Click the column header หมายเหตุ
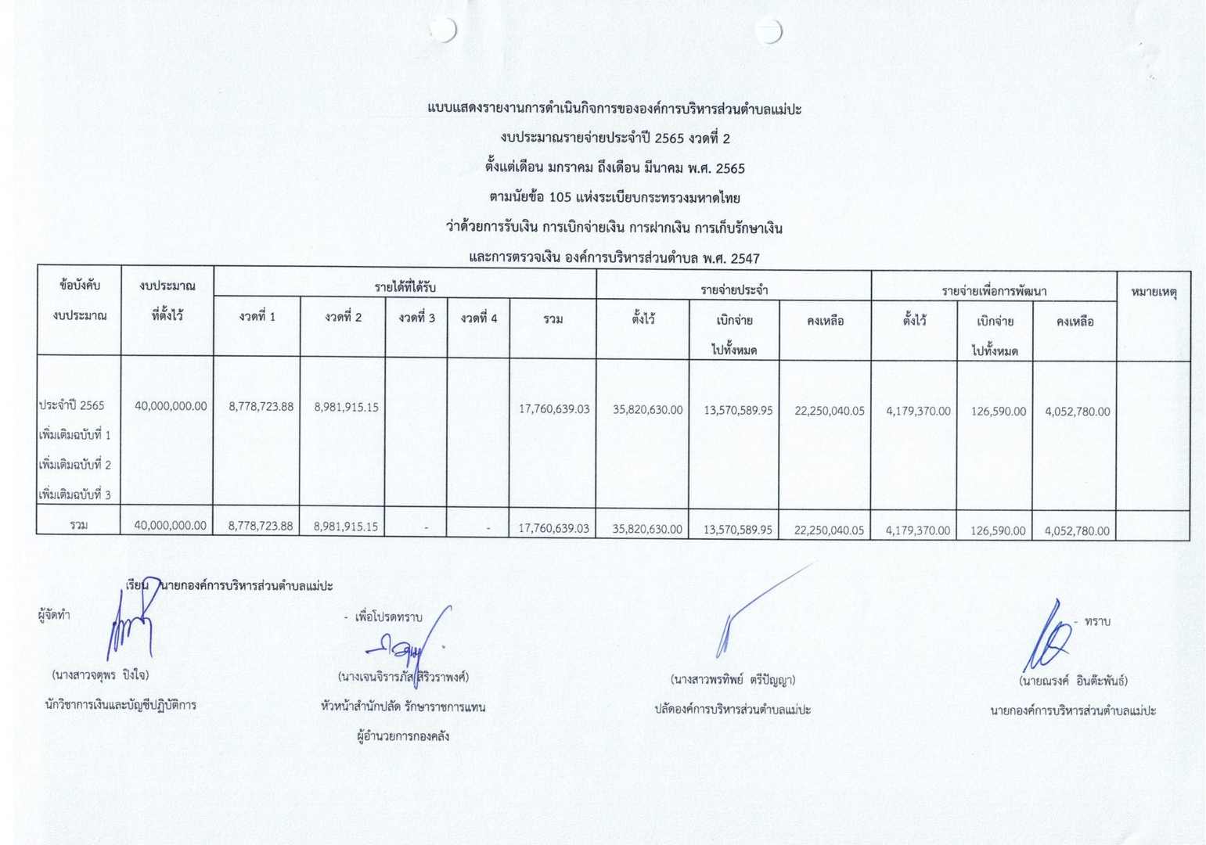pyautogui.click(x=1154, y=293)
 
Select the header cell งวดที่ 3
pyautogui.click(x=416, y=318)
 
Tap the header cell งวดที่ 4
pyautogui.click(x=478, y=318)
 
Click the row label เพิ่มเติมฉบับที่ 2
pyautogui.click(x=75, y=465)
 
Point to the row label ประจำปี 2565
pyautogui.click(x=71, y=405)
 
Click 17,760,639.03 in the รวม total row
pyautogui.click(x=553, y=528)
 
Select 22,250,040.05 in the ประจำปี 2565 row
pyautogui.click(x=829, y=411)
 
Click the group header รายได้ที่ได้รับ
pyautogui.click(x=405, y=287)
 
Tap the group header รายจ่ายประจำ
pyautogui.click(x=733, y=290)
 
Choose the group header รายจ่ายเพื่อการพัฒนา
pyautogui.click(x=993, y=291)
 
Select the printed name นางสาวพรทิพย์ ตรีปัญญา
pyautogui.click(x=733, y=679)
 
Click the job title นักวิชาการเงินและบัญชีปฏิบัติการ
pyautogui.click(x=121, y=705)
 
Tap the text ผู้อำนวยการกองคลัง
pyautogui.click(x=402, y=736)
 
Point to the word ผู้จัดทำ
pyautogui.click(x=54, y=615)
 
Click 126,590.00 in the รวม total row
pyautogui.click(x=997, y=530)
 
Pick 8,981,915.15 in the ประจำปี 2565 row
pyautogui.click(x=346, y=407)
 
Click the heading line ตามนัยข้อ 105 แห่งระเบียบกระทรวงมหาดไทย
pyautogui.click(x=614, y=198)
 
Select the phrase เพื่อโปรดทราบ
pyautogui.click(x=387, y=617)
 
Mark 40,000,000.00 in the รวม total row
pyautogui.click(x=170, y=526)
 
